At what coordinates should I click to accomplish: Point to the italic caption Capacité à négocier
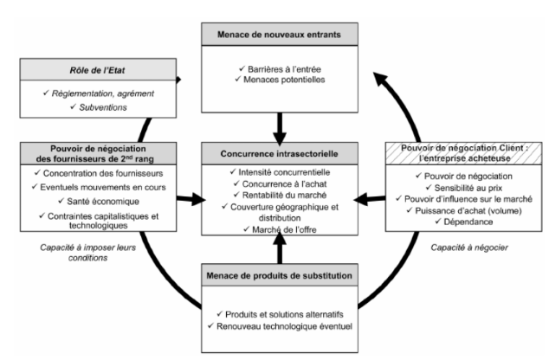(465, 247)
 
